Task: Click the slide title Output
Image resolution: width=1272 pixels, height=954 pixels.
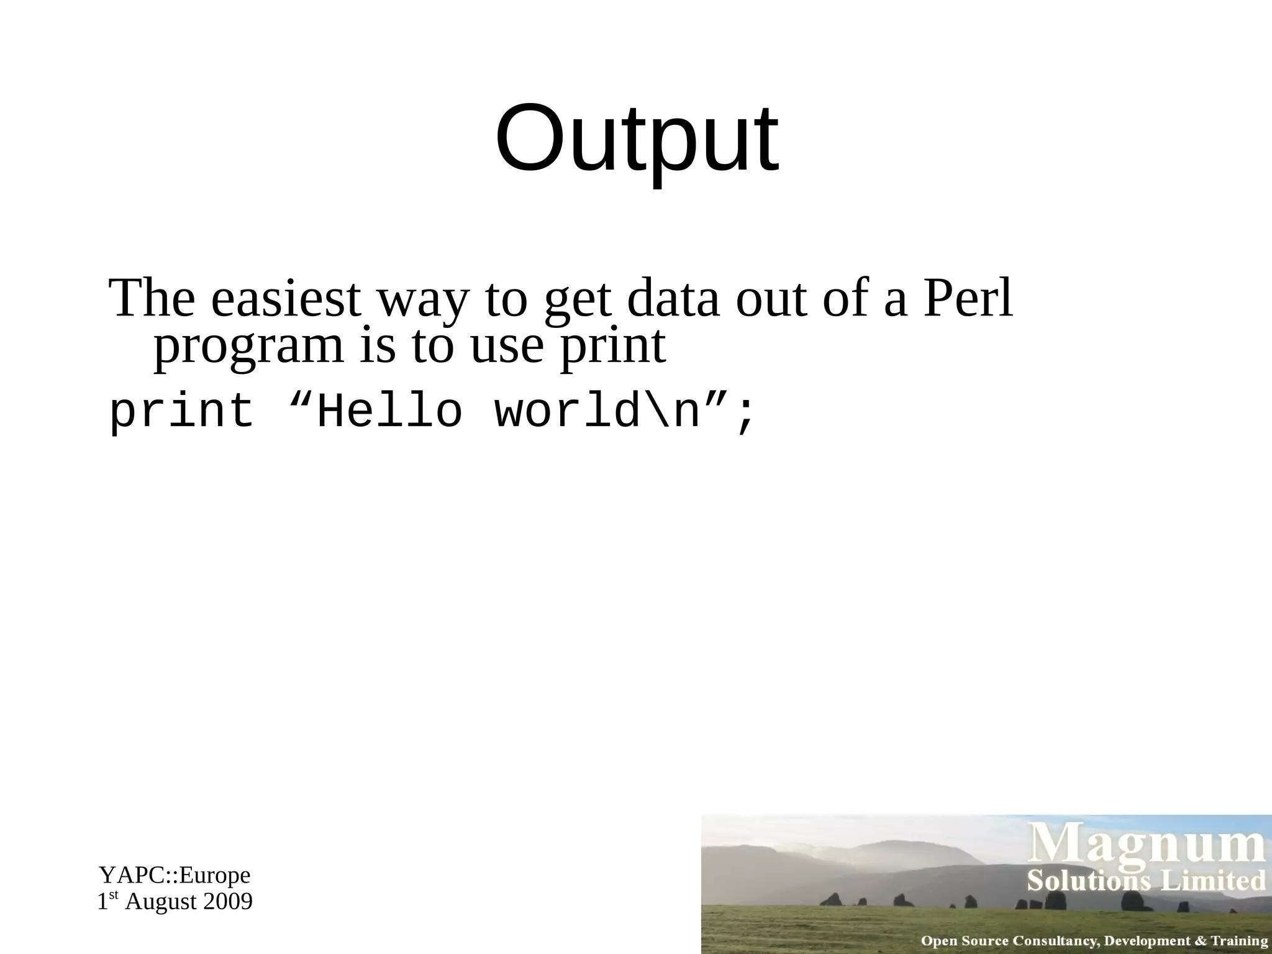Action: coord(636,140)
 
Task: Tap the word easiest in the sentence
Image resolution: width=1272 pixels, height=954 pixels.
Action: coord(286,299)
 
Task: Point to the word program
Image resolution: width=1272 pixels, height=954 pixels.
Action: coord(248,347)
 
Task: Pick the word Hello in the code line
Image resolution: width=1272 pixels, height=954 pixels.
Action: coord(390,412)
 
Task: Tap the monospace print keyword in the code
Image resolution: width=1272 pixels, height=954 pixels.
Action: coord(181,412)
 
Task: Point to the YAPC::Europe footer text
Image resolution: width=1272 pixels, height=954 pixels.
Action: coord(175,875)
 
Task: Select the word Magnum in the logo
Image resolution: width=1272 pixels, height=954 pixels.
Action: coord(1148,847)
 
